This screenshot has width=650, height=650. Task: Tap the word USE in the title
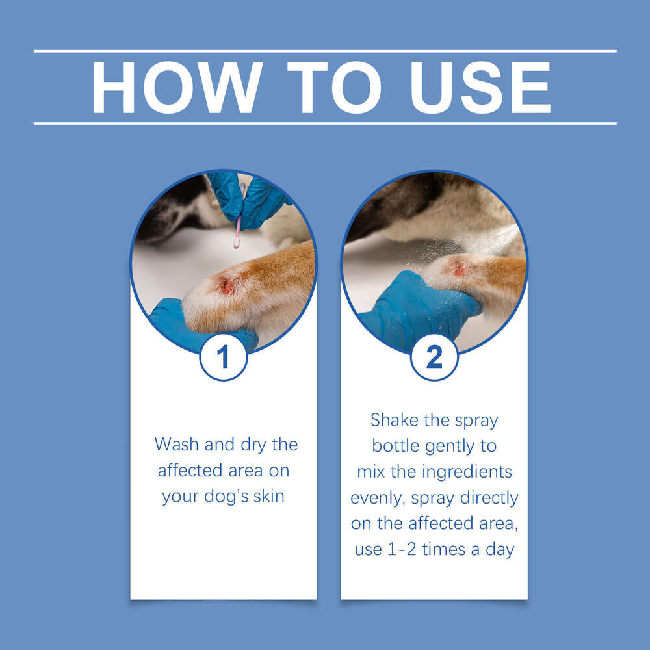[476, 88]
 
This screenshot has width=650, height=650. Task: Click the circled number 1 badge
[223, 357]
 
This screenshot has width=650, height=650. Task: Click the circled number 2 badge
[434, 357]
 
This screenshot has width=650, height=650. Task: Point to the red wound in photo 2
[459, 270]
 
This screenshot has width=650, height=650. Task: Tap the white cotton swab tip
[236, 244]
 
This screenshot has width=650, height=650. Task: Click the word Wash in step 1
[177, 445]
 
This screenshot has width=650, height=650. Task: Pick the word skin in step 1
[268, 496]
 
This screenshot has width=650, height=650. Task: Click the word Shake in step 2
[395, 420]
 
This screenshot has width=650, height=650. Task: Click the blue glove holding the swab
[250, 198]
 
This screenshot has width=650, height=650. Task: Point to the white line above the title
[325, 51]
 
